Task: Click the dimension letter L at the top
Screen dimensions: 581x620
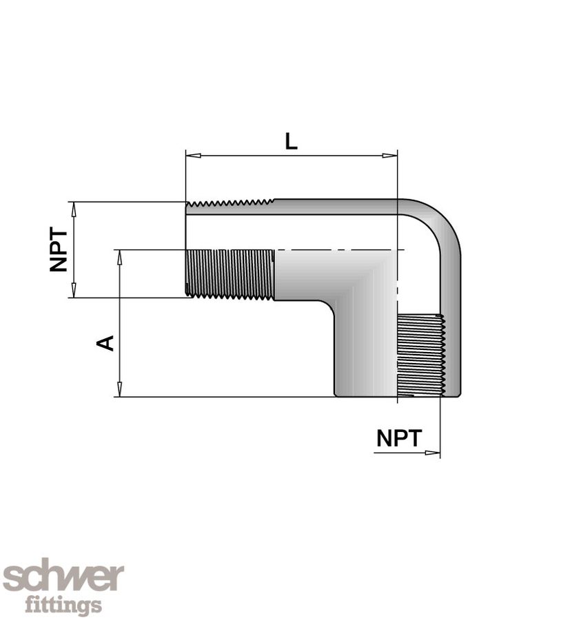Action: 291,141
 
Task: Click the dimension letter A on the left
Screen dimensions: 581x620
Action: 105,343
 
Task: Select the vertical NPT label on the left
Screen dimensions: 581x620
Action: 59,249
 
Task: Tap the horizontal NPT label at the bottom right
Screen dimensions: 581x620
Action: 399,438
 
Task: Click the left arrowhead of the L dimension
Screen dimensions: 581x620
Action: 194,156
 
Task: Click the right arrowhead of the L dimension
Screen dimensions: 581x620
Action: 389,156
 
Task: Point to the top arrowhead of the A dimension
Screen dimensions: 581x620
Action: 119,258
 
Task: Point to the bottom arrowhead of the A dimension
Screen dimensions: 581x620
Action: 119,389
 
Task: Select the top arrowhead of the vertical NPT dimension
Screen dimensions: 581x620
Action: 74,209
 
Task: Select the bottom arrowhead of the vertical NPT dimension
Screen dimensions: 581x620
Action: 74,290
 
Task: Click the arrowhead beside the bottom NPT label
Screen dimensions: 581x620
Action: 432,453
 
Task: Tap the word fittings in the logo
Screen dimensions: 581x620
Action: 63,605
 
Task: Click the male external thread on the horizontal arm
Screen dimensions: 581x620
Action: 230,274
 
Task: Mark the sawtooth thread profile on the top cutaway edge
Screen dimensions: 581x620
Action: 230,204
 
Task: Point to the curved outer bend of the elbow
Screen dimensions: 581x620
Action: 444,224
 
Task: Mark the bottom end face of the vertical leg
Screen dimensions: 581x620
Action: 398,396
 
